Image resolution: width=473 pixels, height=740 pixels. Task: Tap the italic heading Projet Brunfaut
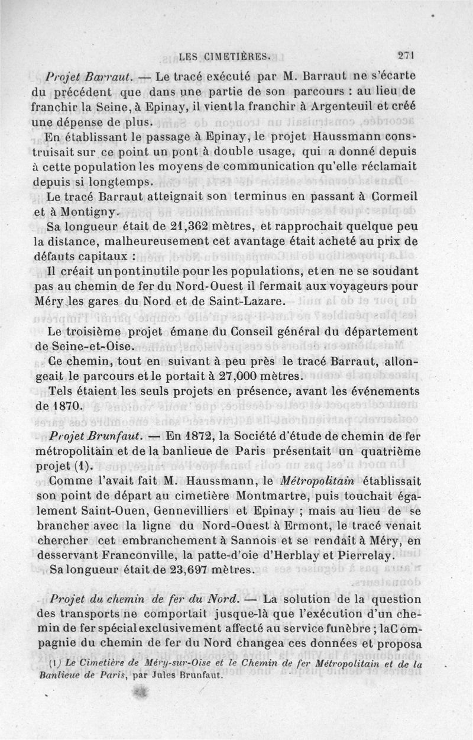(x=96, y=435)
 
